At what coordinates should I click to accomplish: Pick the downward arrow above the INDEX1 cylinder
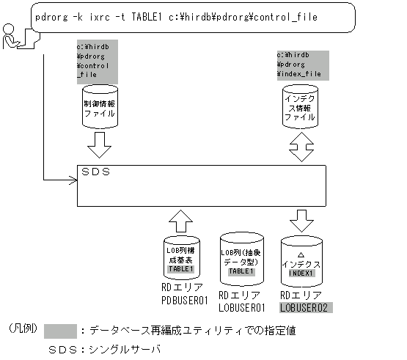coord(301,218)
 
